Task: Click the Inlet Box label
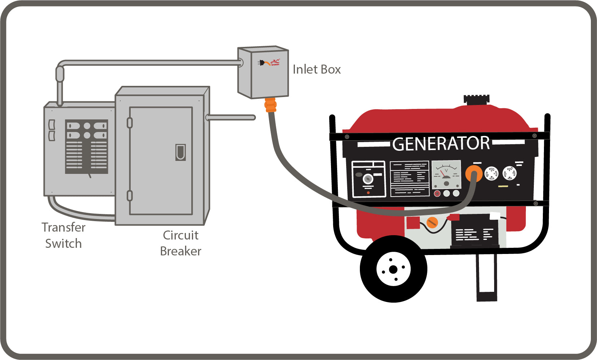[317, 69]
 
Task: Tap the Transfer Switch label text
[64, 235]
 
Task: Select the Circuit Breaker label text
[180, 243]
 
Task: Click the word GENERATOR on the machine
[441, 144]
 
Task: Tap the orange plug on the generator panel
[474, 174]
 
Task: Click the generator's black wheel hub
[393, 269]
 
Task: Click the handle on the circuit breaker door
[180, 152]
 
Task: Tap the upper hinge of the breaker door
[130, 123]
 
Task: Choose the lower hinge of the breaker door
[130, 196]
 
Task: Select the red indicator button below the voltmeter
[437, 194]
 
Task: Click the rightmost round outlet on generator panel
[510, 174]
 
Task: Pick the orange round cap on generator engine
[432, 223]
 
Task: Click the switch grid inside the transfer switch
[87, 146]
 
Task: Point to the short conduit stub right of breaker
[231, 117]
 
